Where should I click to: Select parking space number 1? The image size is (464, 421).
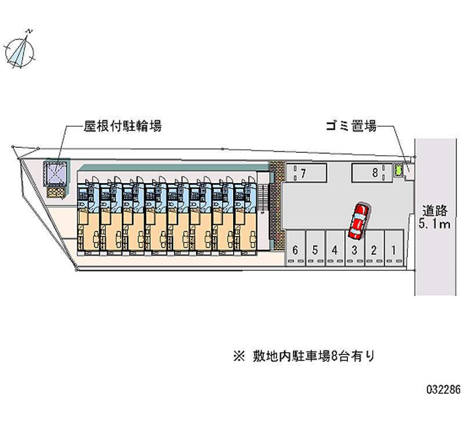394,249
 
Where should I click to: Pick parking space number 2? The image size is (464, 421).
374,249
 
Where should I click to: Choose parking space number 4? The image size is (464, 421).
335,249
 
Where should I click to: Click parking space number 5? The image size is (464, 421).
315,249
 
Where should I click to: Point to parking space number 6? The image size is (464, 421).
295,249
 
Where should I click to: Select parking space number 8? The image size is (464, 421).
371,172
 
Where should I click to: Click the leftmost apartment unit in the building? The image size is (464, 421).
88,217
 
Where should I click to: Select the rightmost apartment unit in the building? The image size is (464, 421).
246,217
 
